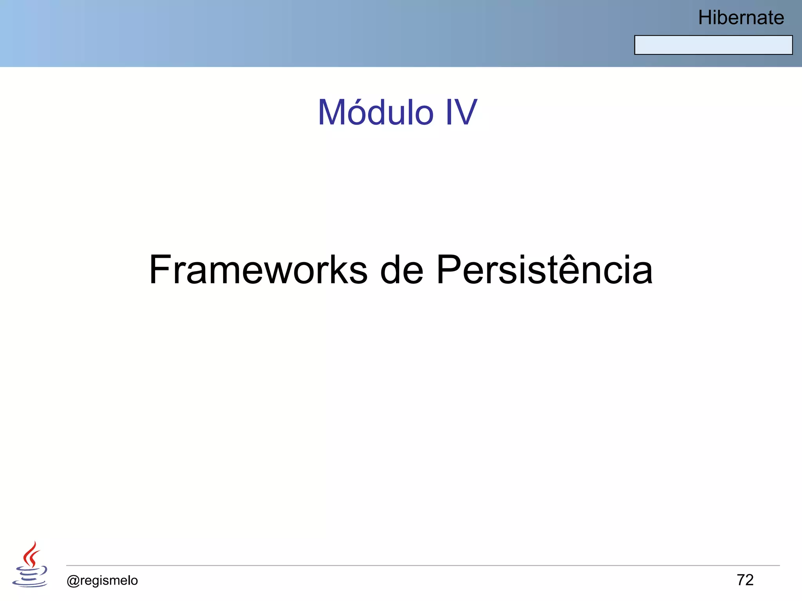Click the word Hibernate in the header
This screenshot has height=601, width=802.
point(741,18)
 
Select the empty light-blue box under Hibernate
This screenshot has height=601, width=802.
point(713,45)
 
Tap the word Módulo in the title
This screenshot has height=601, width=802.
point(376,113)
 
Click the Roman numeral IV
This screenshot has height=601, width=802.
point(461,113)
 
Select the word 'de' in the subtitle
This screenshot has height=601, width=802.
point(402,270)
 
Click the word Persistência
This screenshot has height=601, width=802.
point(544,270)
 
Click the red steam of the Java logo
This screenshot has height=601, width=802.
point(31,554)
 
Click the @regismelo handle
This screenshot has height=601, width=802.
point(102,580)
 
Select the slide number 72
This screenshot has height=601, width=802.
point(745,580)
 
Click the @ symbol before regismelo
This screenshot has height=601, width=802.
point(73,581)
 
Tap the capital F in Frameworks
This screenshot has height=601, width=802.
point(161,270)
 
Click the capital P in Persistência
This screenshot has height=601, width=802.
point(448,270)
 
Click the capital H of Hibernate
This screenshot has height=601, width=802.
point(706,18)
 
